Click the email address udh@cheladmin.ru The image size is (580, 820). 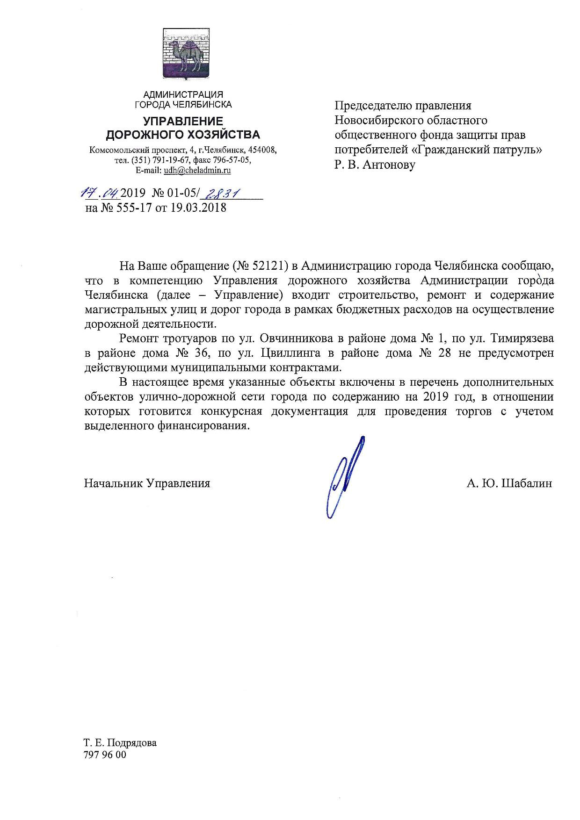pos(197,171)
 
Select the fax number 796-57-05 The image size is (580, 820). pos(232,160)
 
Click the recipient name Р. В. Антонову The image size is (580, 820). pos(375,165)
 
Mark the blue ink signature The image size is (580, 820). pos(345,477)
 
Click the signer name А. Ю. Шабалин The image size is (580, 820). pos(509,483)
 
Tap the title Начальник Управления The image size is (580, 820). pos(147,483)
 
